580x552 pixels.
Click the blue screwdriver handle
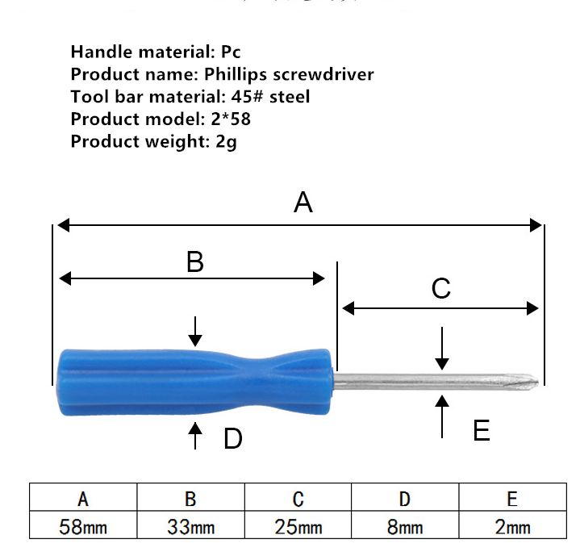tap(195, 382)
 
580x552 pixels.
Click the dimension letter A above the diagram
tap(303, 203)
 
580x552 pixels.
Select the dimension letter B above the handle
tap(195, 261)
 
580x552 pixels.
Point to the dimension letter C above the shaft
tap(441, 288)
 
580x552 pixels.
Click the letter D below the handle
tap(232, 438)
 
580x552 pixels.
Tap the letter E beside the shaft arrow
tap(482, 430)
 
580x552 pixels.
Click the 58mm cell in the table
tap(83, 525)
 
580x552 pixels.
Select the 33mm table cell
tap(191, 525)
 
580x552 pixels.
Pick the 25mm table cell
tap(298, 525)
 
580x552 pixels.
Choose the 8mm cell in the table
tap(405, 525)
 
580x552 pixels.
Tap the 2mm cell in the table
tap(513, 525)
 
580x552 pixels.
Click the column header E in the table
tap(513, 497)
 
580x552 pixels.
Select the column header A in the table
tap(83, 497)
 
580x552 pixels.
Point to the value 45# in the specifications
tap(247, 97)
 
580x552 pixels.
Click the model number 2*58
tap(231, 119)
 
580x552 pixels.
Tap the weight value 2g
tap(226, 142)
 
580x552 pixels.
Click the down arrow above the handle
tap(195, 331)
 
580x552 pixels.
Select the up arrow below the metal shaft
tap(442, 416)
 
